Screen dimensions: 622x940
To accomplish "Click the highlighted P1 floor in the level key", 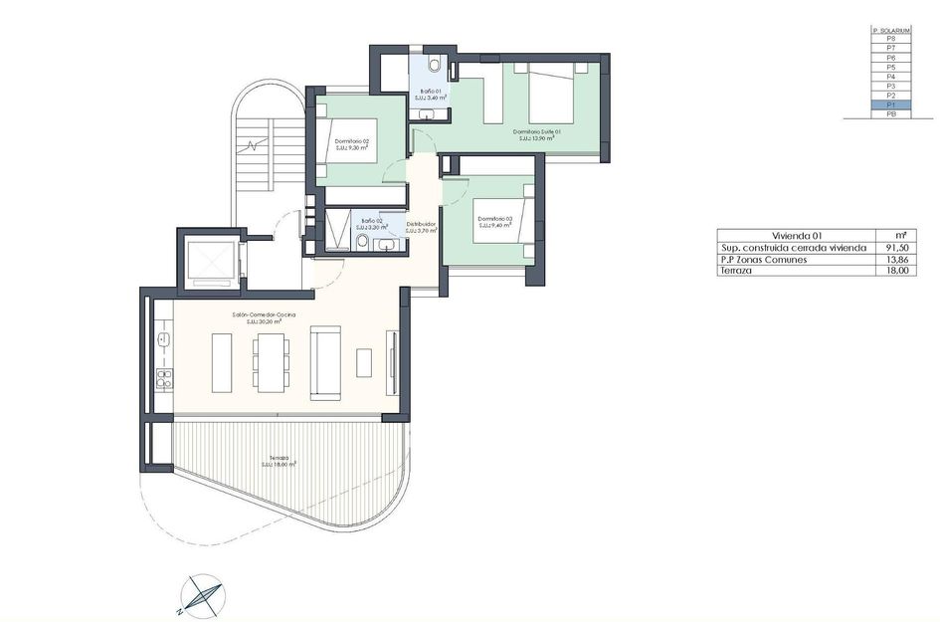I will click(x=890, y=104).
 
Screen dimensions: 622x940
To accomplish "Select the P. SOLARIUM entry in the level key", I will click(x=890, y=31).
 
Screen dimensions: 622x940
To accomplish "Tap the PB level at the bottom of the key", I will click(x=890, y=114).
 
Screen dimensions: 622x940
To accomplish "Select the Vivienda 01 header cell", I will click(x=793, y=236).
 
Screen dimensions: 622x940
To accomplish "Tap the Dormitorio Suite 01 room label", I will click(x=537, y=134).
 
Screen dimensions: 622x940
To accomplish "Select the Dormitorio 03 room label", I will click(x=494, y=222).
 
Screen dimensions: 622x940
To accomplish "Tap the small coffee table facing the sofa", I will click(x=364, y=362).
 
